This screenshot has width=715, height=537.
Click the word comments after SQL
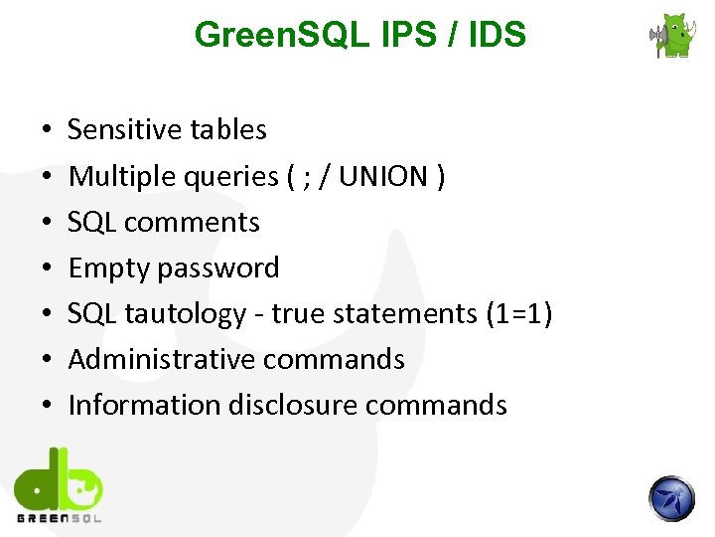click(x=195, y=223)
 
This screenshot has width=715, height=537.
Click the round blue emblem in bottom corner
click(x=672, y=498)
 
